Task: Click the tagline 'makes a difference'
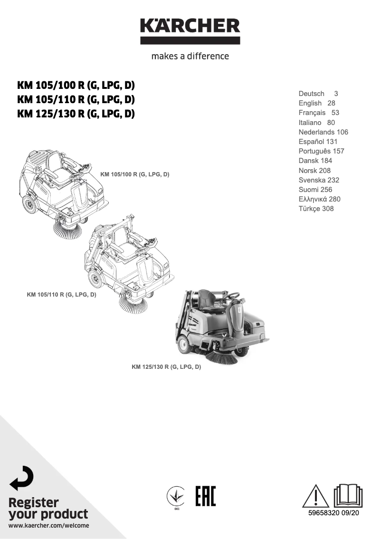[190, 56]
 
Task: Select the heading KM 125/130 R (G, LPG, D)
[76, 114]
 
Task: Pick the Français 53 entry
[319, 113]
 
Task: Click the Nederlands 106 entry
[323, 132]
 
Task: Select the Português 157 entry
[321, 151]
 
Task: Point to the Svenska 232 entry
[319, 180]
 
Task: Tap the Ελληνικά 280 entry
[319, 199]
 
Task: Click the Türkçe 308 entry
[316, 209]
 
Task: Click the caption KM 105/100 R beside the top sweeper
[135, 175]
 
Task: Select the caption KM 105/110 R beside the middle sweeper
[62, 295]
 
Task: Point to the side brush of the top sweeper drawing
[66, 231]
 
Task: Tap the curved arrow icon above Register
[22, 478]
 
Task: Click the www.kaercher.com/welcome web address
[49, 525]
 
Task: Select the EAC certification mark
[205, 496]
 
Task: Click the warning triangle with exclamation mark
[315, 496]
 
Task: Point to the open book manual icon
[348, 496]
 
